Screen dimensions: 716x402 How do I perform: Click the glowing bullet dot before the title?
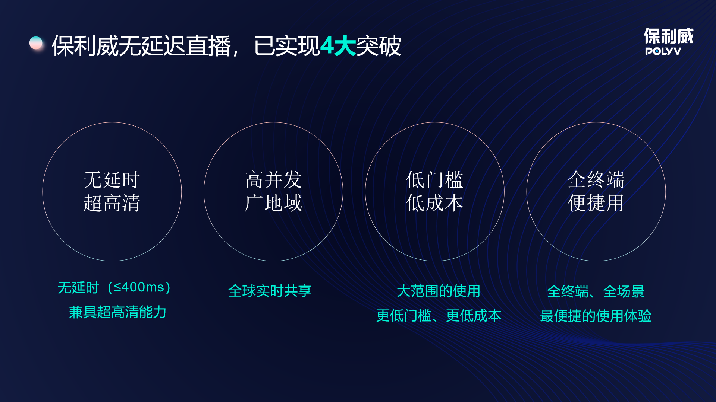pyautogui.click(x=36, y=43)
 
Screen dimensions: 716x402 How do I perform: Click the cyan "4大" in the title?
pyautogui.click(x=338, y=46)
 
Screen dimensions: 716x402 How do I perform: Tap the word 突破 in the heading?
pyautogui.click(x=379, y=46)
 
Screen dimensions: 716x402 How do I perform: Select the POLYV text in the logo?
pyautogui.click(x=663, y=51)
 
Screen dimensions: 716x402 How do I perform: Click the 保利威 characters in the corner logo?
pyautogui.click(x=669, y=36)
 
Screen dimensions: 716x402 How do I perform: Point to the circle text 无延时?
pyautogui.click(x=112, y=180)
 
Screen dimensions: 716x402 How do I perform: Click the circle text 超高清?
pyautogui.click(x=112, y=203)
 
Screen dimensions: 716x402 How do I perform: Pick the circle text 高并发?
pyautogui.click(x=273, y=180)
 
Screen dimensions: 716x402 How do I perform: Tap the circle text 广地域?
pyautogui.click(x=273, y=203)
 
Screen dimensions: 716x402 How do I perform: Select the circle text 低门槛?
pyautogui.click(x=435, y=180)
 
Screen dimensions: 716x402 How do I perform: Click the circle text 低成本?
pyautogui.click(x=435, y=203)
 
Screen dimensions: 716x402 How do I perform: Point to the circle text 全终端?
pyautogui.click(x=596, y=180)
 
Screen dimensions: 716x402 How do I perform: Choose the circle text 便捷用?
pyautogui.click(x=596, y=203)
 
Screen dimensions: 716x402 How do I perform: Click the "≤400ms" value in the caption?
pyautogui.click(x=139, y=287)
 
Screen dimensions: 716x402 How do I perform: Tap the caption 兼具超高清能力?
pyautogui.click(x=117, y=312)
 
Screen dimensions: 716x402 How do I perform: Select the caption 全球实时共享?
pyautogui.click(x=270, y=291)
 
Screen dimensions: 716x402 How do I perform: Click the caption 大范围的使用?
pyautogui.click(x=439, y=291)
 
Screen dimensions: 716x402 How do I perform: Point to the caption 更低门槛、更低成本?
pyautogui.click(x=439, y=316)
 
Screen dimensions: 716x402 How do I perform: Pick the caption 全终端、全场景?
pyautogui.click(x=596, y=291)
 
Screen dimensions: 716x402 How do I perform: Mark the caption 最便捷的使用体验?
pyautogui.click(x=596, y=316)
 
